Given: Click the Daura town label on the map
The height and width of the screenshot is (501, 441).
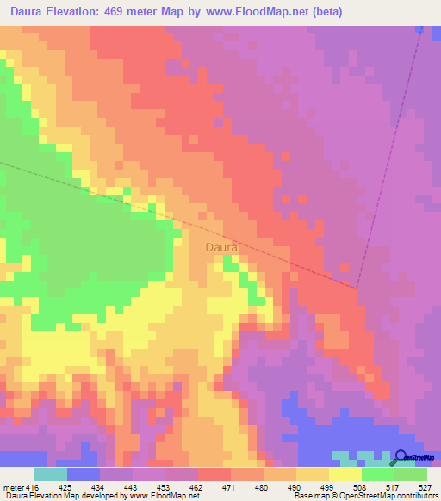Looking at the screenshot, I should (x=221, y=248).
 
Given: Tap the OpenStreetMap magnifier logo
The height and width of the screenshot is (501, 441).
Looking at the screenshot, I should (x=400, y=457).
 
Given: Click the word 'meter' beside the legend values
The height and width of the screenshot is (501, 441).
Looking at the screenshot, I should (x=13, y=486).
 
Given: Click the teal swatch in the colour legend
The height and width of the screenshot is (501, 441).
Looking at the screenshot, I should (x=51, y=474).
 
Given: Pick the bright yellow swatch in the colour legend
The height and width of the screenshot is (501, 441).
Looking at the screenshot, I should (x=345, y=474).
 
